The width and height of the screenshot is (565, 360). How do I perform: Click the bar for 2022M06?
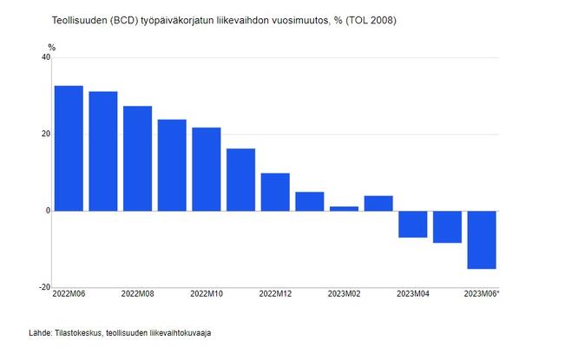[69, 148]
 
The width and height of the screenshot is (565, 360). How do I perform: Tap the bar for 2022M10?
[207, 169]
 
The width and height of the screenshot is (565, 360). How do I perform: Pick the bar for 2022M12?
[275, 192]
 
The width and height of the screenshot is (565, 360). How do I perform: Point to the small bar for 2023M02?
[344, 208]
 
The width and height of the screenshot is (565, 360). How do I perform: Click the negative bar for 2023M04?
[413, 224]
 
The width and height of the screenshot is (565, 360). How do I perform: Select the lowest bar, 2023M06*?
[482, 239]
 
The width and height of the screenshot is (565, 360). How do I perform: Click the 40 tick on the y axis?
[45, 58]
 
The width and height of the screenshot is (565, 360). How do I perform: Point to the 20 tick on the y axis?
[45, 134]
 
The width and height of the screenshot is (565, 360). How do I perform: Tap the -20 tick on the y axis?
[43, 287]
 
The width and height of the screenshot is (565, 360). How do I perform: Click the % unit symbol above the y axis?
[51, 47]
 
